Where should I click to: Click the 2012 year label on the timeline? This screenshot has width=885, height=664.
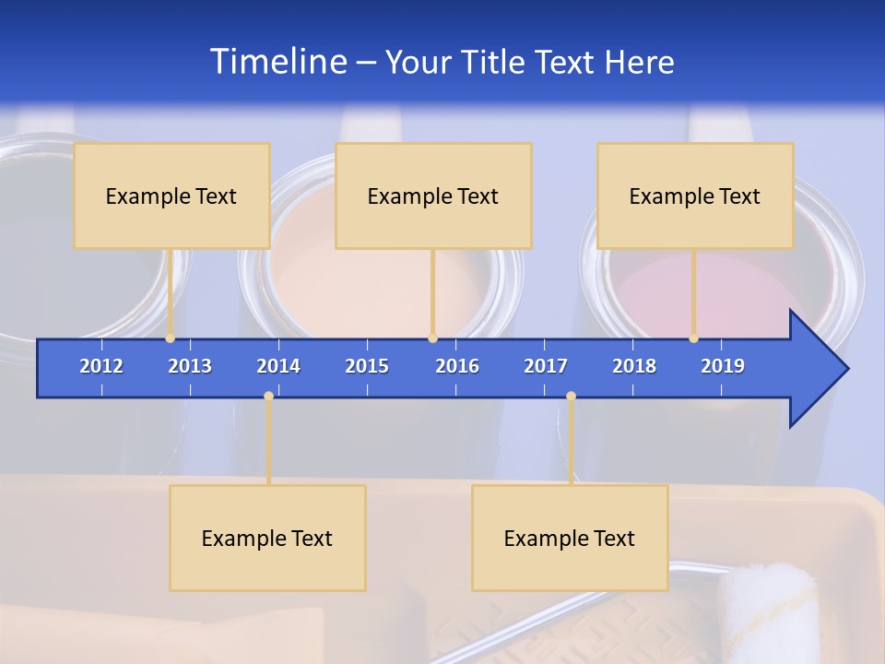tap(101, 366)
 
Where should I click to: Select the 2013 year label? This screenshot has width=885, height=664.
tap(190, 366)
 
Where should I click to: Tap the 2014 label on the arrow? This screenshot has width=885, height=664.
tap(278, 366)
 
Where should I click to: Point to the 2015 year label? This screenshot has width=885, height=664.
tap(367, 366)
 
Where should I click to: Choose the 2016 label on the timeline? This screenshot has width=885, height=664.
tap(457, 366)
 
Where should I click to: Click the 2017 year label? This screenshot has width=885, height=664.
tap(546, 366)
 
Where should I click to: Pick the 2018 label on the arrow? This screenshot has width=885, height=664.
tap(634, 366)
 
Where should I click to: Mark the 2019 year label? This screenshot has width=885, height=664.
tap(723, 366)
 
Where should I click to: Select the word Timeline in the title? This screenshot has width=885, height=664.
tap(278, 61)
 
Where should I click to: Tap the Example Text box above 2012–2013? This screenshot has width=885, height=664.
tap(171, 196)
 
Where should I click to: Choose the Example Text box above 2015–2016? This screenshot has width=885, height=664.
tap(433, 196)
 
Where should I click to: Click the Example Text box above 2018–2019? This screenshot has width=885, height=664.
tap(695, 196)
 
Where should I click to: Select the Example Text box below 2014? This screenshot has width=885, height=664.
tap(267, 538)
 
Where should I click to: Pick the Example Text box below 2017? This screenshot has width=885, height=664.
tap(570, 538)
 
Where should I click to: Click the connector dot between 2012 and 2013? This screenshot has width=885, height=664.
tap(171, 338)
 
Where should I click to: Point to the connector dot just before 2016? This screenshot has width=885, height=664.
tap(433, 338)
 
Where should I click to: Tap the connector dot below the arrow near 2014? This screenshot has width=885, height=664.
tap(268, 397)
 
